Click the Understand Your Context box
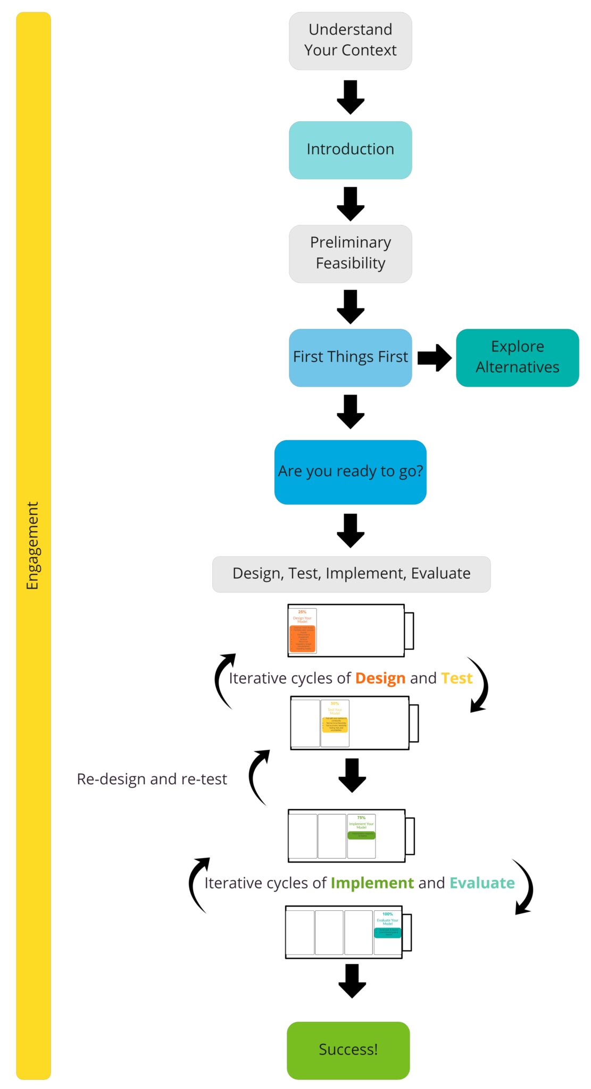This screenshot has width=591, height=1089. pos(350,41)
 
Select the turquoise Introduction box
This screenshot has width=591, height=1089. pos(350,150)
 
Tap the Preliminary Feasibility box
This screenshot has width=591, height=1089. pos(350,254)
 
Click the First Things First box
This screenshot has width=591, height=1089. pos(350,357)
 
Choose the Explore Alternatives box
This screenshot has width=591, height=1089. pos(517,357)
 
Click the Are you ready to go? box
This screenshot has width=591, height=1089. pos(350,472)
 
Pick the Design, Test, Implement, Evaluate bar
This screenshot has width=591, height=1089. pos(351,574)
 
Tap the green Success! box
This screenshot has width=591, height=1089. pos(348,1050)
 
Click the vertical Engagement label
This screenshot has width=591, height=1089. pos(33,546)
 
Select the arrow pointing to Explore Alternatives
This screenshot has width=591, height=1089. pos(434,357)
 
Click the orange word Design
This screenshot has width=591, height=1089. pos(380,678)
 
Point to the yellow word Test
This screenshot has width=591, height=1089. pos(456,678)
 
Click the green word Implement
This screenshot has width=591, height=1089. pos(372,883)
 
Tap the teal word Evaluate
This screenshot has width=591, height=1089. pos(482,883)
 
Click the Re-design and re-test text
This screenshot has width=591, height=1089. pos(152,779)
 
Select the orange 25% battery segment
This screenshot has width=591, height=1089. pos(302,631)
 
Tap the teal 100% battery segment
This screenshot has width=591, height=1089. pos(387,932)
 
